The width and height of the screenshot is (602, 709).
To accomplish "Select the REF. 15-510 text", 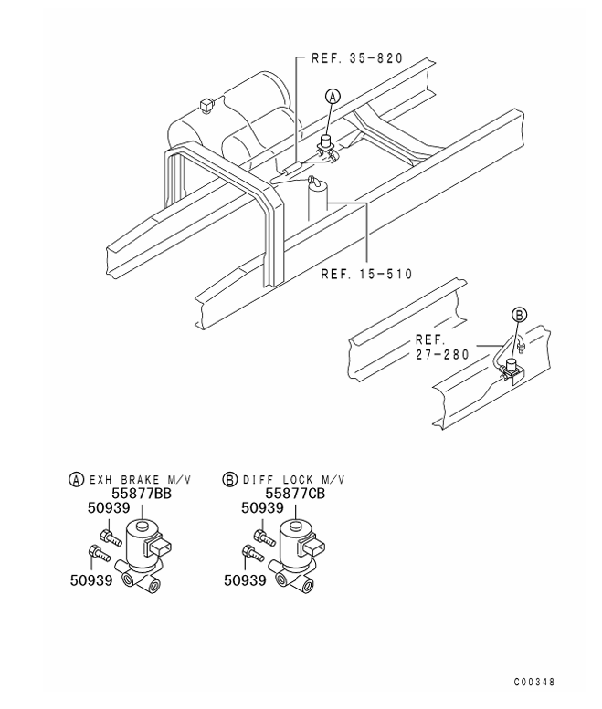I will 364,273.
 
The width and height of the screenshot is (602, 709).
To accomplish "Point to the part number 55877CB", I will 294,494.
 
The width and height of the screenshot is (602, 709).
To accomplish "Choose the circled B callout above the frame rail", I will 517,315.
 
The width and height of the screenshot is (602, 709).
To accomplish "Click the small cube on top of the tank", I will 206,107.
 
